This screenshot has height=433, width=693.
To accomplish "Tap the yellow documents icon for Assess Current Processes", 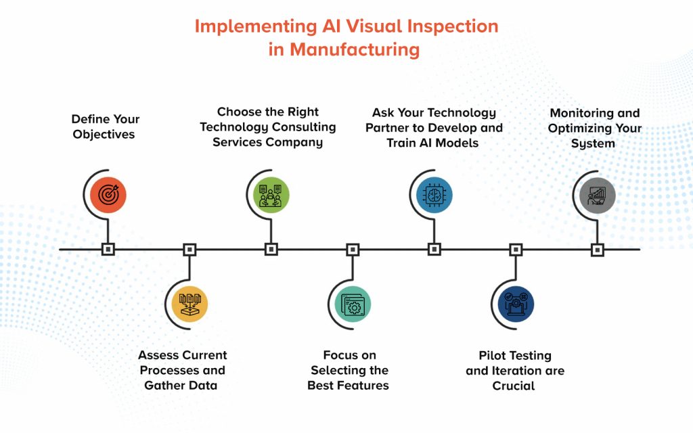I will pyautogui.click(x=189, y=303).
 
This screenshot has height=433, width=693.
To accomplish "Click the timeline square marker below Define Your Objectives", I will pyautogui.click(x=108, y=249).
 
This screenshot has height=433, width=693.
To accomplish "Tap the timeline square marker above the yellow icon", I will pyautogui.click(x=189, y=249).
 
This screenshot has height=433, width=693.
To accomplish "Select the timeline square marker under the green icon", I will pyautogui.click(x=271, y=249).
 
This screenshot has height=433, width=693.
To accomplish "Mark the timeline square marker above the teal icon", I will pyautogui.click(x=353, y=249).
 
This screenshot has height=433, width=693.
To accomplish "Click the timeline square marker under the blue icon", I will pyautogui.click(x=434, y=249).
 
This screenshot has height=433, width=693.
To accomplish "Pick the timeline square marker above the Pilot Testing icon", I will pyautogui.click(x=516, y=249).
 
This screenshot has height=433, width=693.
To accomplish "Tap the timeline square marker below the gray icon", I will pyautogui.click(x=597, y=249).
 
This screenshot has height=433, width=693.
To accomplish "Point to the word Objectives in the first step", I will pyautogui.click(x=104, y=134).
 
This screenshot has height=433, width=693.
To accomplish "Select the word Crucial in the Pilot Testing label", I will pyautogui.click(x=514, y=386).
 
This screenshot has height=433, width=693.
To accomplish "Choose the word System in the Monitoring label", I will pyautogui.click(x=593, y=143).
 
